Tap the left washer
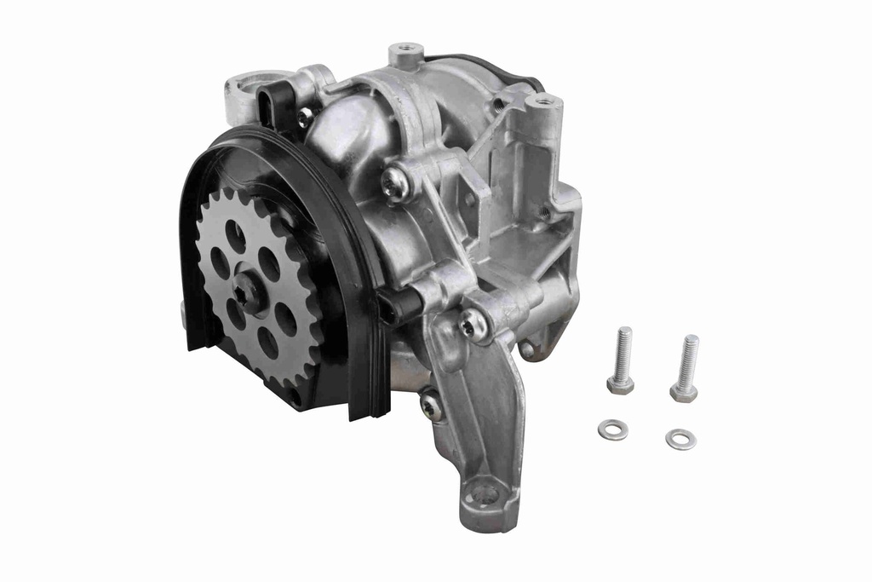612,430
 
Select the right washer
680,439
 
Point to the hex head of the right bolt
683,392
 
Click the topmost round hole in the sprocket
236,234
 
